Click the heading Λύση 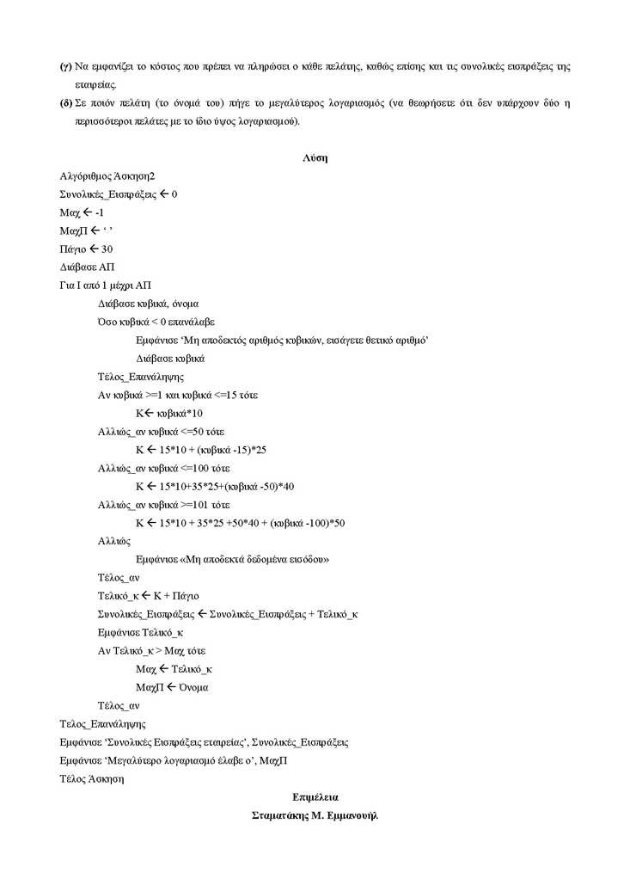click(315, 158)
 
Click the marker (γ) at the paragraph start click(65, 67)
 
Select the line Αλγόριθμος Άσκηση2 click(107, 176)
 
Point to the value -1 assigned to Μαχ click(100, 212)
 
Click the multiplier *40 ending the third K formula click(285, 486)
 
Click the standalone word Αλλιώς click(114, 541)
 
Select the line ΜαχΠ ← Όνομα click(172, 687)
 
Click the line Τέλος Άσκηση click(92, 779)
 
